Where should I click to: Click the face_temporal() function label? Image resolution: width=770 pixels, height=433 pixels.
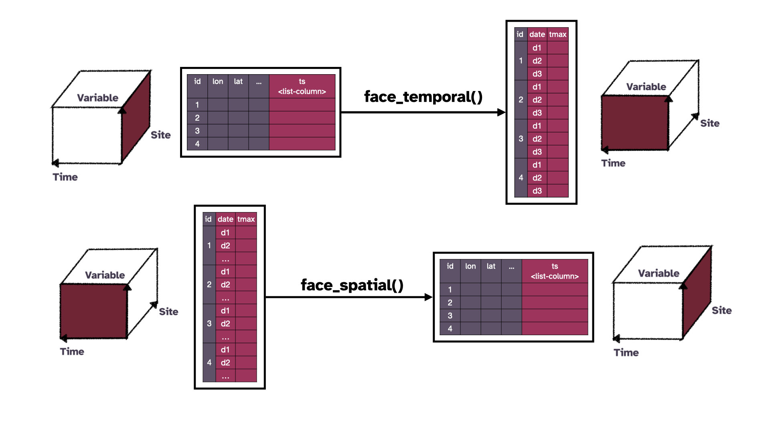423,97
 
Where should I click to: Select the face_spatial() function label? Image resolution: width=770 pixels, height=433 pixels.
352,285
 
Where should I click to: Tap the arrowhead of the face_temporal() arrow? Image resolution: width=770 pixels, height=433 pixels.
501,112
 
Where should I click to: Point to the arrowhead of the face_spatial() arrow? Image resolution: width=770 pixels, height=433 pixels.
428,297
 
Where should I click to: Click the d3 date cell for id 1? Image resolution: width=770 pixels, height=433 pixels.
537,74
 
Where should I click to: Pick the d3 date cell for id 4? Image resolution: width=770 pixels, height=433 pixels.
537,191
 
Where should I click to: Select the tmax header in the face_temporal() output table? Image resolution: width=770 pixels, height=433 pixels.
557,34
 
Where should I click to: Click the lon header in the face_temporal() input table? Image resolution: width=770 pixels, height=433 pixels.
218,82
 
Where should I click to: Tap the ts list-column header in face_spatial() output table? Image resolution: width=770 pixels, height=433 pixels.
555,271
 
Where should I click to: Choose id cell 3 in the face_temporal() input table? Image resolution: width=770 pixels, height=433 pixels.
197,131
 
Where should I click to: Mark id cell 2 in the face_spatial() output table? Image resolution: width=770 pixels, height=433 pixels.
450,303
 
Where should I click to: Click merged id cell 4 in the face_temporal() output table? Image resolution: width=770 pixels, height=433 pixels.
521,178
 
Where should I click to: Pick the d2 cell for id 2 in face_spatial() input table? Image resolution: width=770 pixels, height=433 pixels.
225,285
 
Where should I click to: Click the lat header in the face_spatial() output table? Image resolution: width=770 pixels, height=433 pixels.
491,266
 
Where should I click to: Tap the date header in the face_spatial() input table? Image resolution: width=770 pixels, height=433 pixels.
225,219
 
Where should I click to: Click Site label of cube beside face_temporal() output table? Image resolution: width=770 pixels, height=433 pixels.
709,123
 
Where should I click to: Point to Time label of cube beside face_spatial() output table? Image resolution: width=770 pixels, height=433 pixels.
626,353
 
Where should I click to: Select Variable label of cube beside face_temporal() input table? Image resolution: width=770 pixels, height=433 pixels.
97,98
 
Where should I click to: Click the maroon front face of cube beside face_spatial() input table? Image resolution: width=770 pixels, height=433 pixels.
93,311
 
